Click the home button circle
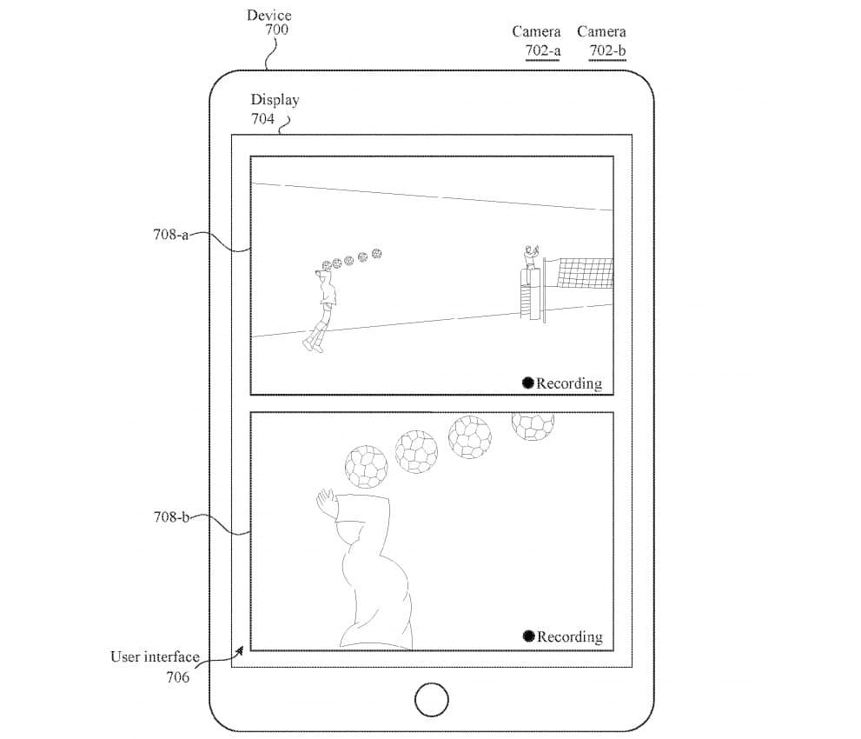coord(432,699)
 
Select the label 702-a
coord(543,50)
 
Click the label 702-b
coord(607,50)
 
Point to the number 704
coord(263,118)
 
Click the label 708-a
coord(171,234)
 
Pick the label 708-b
coord(171,517)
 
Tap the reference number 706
coord(177,676)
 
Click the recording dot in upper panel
coord(527,383)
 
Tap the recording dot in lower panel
coord(528,636)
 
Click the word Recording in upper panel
coord(569,383)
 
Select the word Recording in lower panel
coord(570,636)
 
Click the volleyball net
coord(584,273)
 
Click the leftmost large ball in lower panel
coord(366,466)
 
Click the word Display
coord(275,100)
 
